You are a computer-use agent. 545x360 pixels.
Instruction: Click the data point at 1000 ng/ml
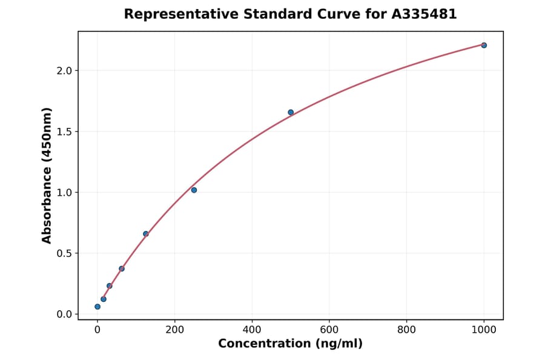pos(484,45)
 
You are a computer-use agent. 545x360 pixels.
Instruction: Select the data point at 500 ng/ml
pos(291,112)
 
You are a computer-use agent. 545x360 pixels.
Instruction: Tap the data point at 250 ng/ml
pos(194,190)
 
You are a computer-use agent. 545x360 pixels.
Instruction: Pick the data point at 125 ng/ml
pos(146,234)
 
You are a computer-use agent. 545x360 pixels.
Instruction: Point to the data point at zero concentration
pos(97,307)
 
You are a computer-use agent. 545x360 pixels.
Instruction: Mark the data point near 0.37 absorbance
pos(122,268)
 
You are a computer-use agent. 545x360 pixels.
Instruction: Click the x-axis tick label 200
pos(175,330)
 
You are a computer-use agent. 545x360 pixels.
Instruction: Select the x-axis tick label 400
pos(252,330)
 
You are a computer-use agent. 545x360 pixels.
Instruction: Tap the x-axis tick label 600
pos(329,330)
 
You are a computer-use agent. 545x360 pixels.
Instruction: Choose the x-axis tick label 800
pos(406,330)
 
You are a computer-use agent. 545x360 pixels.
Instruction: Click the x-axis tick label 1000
pos(484,330)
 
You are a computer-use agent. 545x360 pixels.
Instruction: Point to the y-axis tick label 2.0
pos(64,71)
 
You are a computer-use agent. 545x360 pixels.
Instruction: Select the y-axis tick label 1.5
pos(64,132)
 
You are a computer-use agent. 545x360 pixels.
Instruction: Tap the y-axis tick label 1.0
pos(64,193)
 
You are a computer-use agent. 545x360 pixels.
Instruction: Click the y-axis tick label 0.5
pos(64,253)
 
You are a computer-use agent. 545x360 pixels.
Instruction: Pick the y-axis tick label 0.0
pos(64,314)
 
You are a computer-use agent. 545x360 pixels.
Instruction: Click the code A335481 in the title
pos(424,14)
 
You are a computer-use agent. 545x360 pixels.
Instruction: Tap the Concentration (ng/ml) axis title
pos(290,344)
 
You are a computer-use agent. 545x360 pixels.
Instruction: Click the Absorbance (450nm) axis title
pos(47,175)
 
